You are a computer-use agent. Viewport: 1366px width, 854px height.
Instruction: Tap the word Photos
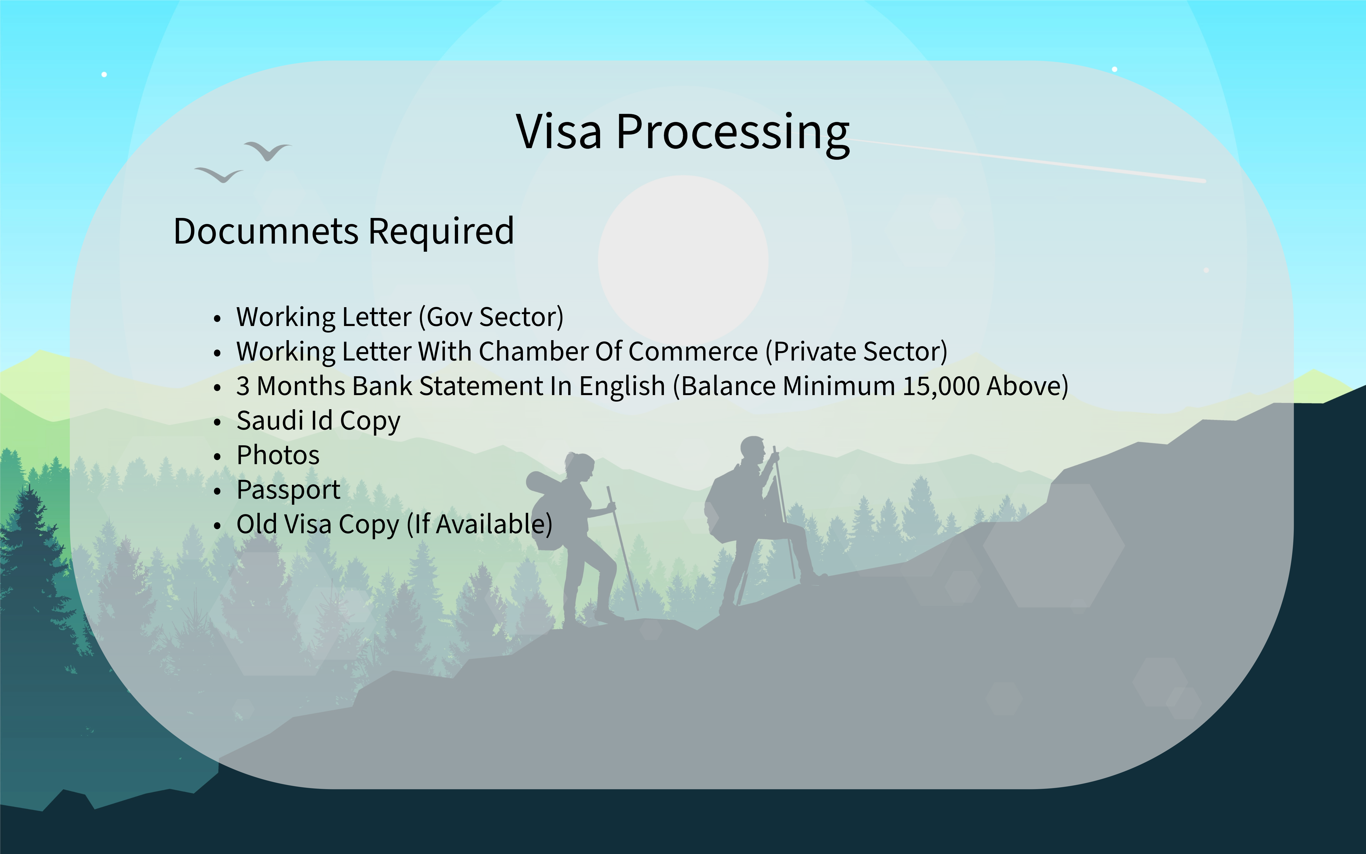pyautogui.click(x=278, y=455)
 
